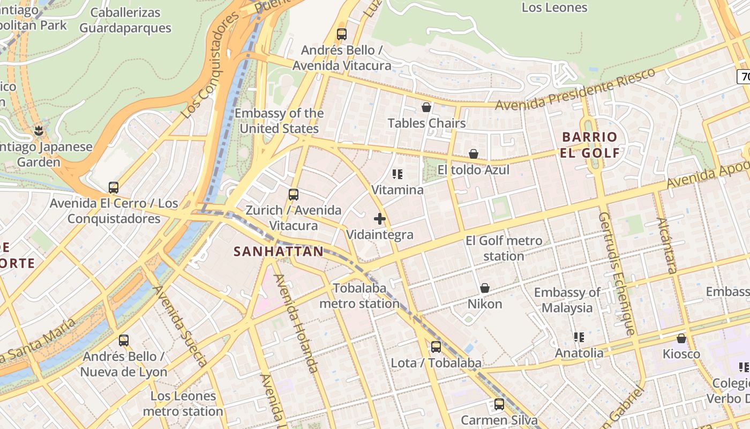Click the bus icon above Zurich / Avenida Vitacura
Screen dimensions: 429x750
click(294, 195)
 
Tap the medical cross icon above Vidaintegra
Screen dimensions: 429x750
click(380, 219)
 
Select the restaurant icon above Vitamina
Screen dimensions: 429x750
click(397, 174)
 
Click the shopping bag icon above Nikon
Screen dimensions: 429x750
click(485, 289)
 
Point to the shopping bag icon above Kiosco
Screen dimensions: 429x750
click(681, 338)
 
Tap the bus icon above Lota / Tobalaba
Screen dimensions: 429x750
click(436, 347)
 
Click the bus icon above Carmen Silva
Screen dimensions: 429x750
click(499, 404)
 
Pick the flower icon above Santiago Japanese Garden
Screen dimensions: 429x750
click(39, 130)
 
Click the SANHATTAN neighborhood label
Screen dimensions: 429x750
click(279, 252)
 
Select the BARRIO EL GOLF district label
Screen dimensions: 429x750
click(590, 145)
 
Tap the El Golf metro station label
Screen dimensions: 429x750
click(504, 248)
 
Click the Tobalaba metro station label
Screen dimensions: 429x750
click(360, 296)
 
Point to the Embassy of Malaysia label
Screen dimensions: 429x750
click(567, 300)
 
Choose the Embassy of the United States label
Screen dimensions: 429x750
click(279, 121)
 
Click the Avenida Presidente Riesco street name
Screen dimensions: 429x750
click(575, 89)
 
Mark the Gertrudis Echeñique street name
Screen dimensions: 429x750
click(617, 273)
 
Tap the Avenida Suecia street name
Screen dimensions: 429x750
click(181, 326)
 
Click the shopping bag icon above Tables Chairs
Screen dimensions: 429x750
click(426, 108)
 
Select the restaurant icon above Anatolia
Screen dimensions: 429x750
click(579, 337)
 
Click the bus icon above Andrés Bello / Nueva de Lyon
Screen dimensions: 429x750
click(124, 341)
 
